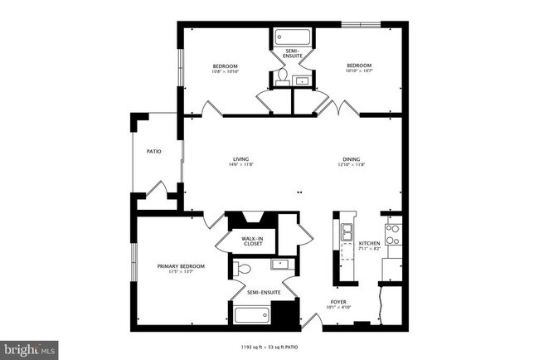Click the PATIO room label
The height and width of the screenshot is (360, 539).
pyautogui.click(x=153, y=152)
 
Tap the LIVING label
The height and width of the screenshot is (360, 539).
pyautogui.click(x=240, y=159)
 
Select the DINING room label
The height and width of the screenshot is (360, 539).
pyautogui.click(x=352, y=159)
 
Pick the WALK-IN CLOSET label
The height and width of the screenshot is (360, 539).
pyautogui.click(x=252, y=241)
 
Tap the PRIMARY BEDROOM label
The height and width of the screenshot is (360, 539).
pyautogui.click(x=181, y=266)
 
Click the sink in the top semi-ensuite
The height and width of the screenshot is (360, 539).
pyautogui.click(x=302, y=80)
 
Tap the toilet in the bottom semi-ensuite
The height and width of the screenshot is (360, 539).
pyautogui.click(x=241, y=269)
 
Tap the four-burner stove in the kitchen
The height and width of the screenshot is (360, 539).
pyautogui.click(x=392, y=235)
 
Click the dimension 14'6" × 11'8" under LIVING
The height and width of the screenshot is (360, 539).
pyautogui.click(x=240, y=165)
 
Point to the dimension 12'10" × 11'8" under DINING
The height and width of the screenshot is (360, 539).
pyautogui.click(x=352, y=165)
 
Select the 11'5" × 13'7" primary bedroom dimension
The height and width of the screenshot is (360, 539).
pyautogui.click(x=181, y=272)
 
